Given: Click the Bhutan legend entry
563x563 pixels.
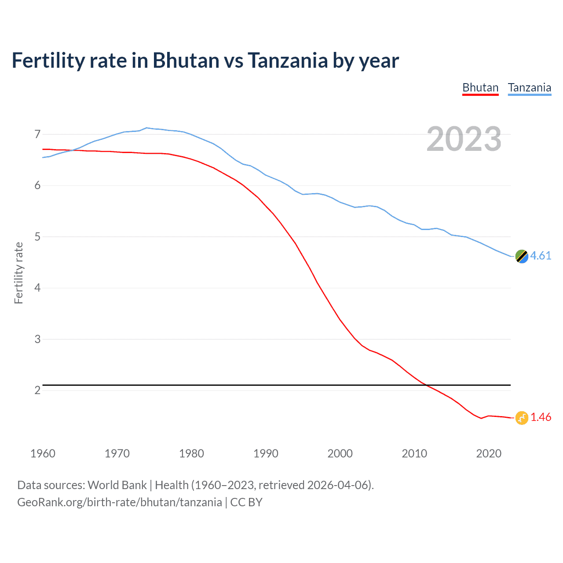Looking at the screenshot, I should coord(480,88).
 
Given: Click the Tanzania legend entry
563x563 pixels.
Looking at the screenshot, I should coord(530,88).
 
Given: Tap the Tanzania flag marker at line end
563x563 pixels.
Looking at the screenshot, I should coord(522,256).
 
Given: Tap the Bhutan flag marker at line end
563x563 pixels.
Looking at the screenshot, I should coord(522,417).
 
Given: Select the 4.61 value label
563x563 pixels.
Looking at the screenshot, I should coord(541,256).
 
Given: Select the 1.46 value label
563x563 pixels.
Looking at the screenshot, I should coord(541,417).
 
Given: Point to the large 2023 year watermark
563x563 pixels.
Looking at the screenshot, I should coord(464,139).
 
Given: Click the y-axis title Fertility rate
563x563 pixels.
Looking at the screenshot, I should coord(18,273).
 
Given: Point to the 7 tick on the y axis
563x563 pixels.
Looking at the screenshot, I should coord(37,134).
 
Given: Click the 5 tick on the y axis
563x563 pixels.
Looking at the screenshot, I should coord(37,237).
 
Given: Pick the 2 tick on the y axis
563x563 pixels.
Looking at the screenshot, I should coord(37,391).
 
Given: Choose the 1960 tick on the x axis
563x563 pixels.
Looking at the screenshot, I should coord(43,453).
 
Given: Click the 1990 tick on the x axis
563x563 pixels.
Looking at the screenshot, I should coord(266,453).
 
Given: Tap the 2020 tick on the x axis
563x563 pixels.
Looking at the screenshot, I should coord(489,453).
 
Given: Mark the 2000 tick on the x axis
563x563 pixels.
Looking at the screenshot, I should coord(340,453).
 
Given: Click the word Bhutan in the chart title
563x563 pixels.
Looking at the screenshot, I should coord(186,61).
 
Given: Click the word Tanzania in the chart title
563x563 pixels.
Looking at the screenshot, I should coord(288,61).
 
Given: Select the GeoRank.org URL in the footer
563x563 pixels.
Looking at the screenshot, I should coord(119,502).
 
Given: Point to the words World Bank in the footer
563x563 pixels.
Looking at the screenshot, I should coord(117,485).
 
